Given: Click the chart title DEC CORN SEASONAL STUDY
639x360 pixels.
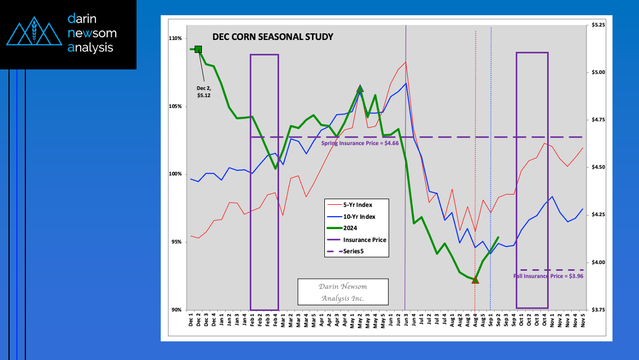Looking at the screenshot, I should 272,37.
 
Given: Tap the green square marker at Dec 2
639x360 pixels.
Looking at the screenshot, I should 198,50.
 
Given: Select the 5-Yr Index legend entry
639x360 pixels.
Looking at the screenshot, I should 358,205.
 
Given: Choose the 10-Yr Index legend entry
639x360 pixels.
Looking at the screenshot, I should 359,217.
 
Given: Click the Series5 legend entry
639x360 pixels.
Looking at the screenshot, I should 354,252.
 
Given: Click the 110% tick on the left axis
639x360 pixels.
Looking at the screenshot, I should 175,38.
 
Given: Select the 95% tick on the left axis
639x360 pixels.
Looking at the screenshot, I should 176,242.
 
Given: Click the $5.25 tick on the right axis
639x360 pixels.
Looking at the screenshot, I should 598,25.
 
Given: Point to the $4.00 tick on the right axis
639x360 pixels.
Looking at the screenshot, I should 598,262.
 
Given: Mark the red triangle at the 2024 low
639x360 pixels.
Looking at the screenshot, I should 475,279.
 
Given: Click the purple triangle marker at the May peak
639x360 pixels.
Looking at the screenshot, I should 360,88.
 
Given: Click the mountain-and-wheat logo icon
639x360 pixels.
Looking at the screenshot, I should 33,34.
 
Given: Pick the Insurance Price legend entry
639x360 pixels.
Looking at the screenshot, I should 364,240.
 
